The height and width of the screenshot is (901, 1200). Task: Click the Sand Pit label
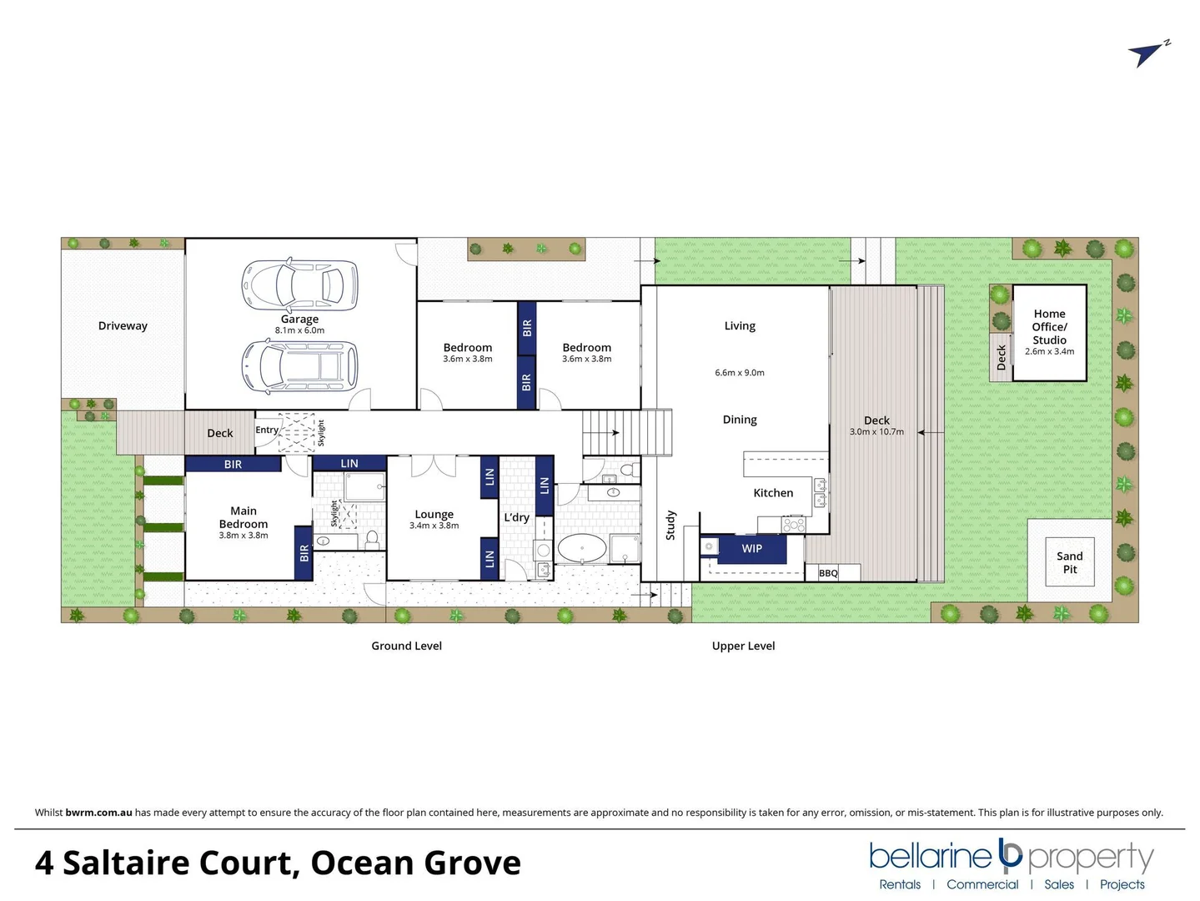pyautogui.click(x=1069, y=562)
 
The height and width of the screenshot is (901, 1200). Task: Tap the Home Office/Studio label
pyautogui.click(x=1049, y=327)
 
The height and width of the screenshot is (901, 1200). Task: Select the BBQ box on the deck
pyautogui.click(x=828, y=573)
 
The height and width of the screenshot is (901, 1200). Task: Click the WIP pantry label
pyautogui.click(x=751, y=549)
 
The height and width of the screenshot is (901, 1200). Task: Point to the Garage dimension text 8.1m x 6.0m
pyautogui.click(x=299, y=330)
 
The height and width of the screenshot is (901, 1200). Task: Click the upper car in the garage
pyautogui.click(x=299, y=284)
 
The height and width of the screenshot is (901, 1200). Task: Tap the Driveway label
pyautogui.click(x=123, y=326)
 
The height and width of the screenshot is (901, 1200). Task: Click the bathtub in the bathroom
pyautogui.click(x=581, y=549)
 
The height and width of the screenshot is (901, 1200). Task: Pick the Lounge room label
pyautogui.click(x=434, y=515)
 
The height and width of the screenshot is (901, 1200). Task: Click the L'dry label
pyautogui.click(x=516, y=517)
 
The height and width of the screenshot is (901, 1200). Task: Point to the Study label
pyautogui.click(x=670, y=526)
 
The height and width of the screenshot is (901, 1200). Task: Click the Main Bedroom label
pyautogui.click(x=244, y=517)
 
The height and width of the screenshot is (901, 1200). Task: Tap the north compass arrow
pyautogui.click(x=1148, y=54)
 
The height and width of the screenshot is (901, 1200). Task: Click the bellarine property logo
pyautogui.click(x=1011, y=857)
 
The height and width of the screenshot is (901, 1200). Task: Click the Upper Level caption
pyautogui.click(x=743, y=646)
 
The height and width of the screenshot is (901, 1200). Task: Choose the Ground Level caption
pyautogui.click(x=406, y=646)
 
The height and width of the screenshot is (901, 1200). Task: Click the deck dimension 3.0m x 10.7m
pyautogui.click(x=876, y=432)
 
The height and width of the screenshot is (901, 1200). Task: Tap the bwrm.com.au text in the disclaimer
pyautogui.click(x=98, y=813)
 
